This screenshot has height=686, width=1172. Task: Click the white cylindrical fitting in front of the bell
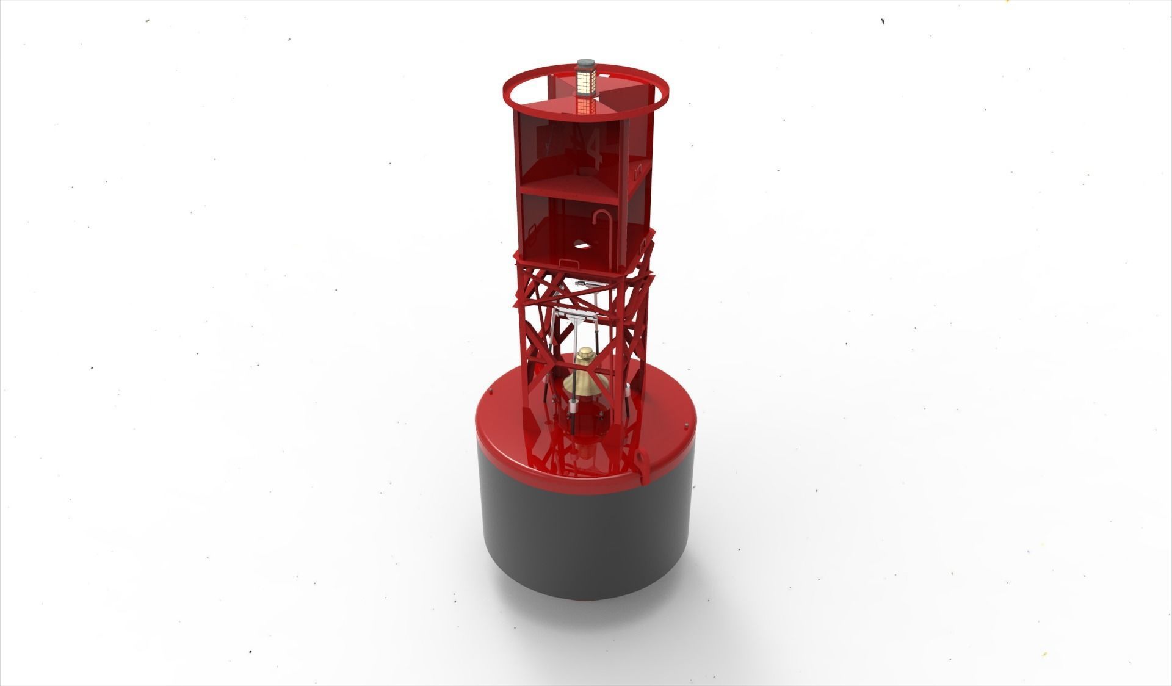tap(574, 406)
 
